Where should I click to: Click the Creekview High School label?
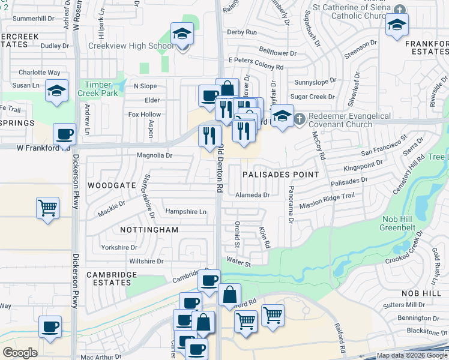[x=131, y=46]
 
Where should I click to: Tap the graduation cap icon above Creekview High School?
[x=181, y=35]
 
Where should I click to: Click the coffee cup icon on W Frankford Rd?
[x=64, y=134]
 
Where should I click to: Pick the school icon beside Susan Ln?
[x=56, y=91]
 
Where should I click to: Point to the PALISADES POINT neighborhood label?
[x=280, y=175]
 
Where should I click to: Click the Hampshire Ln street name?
[x=185, y=212]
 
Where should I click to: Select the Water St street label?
[x=238, y=262]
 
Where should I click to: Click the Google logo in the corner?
[x=20, y=353]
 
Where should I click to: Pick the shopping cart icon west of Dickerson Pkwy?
[x=47, y=208]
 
